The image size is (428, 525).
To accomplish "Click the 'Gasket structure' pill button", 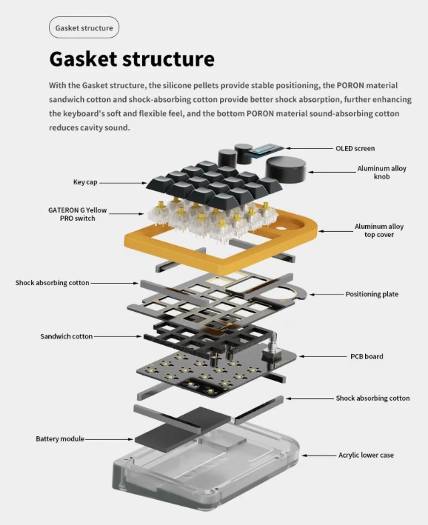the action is pyautogui.click(x=84, y=27).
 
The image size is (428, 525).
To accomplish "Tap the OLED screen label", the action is pyautogui.click(x=355, y=148).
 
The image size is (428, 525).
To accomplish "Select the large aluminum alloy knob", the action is pyautogui.click(x=286, y=167).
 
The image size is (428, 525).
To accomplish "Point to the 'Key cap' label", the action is pyautogui.click(x=85, y=182).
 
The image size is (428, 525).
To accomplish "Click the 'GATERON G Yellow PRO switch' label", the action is pyautogui.click(x=77, y=215).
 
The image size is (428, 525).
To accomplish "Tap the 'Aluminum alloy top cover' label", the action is pyautogui.click(x=379, y=231).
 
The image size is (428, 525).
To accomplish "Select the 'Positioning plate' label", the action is pyautogui.click(x=372, y=294).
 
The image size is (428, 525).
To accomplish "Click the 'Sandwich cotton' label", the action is pyautogui.click(x=66, y=336).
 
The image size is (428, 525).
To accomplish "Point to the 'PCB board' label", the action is pyautogui.click(x=367, y=356).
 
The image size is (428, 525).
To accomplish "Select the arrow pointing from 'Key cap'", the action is pyautogui.click(x=123, y=183).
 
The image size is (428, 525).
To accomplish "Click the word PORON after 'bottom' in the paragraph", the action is pyautogui.click(x=260, y=114).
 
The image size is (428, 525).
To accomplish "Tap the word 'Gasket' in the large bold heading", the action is pyautogui.click(x=83, y=59).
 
